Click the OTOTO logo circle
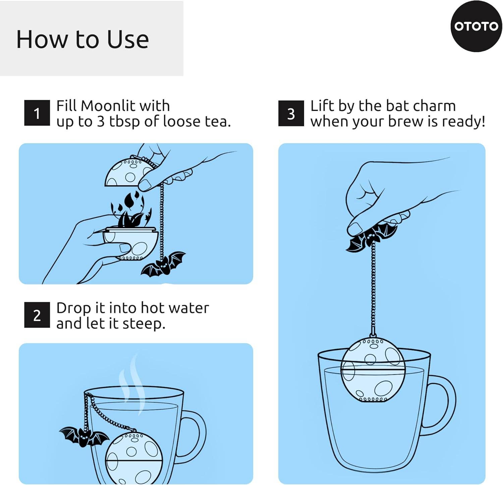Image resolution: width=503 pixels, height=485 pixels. coord(476,26)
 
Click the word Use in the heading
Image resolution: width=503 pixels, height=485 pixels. coord(128,40)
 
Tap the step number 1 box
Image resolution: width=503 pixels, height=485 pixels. coord(37,113)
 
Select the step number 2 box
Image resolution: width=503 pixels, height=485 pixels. coord(37,315)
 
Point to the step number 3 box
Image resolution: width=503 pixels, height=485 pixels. coord(291,113)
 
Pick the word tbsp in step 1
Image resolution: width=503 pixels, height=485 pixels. coord(124,121)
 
